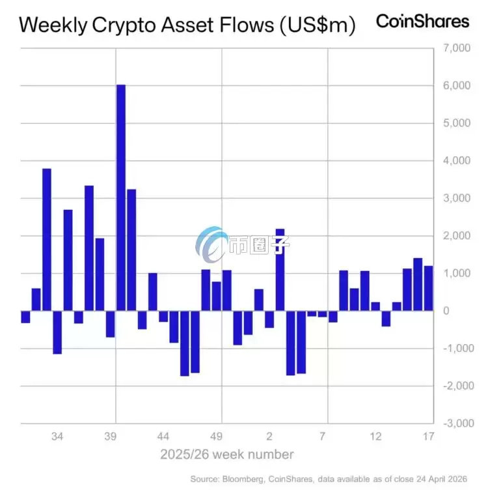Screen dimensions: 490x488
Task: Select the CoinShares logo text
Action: pyautogui.click(x=422, y=21)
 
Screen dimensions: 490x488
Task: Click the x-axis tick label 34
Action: pyautogui.click(x=57, y=436)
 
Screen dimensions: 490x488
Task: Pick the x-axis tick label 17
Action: pyautogui.click(x=428, y=436)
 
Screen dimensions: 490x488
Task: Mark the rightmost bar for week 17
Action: pyautogui.click(x=429, y=288)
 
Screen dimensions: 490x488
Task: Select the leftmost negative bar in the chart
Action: pyautogui.click(x=25, y=317)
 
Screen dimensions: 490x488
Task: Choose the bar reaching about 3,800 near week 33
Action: pyautogui.click(x=47, y=240)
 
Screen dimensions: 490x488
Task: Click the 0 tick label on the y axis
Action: pyautogui.click(x=446, y=311)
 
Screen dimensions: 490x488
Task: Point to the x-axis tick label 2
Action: pyautogui.click(x=269, y=436)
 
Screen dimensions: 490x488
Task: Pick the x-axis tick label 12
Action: pyautogui.click(x=375, y=436)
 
